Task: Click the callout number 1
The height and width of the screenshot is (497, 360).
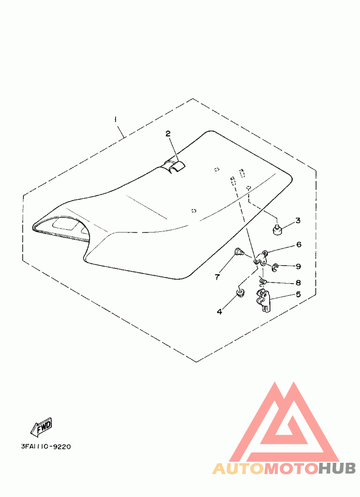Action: pyautogui.click(x=116, y=120)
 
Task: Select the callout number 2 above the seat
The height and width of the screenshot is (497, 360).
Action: pyautogui.click(x=168, y=134)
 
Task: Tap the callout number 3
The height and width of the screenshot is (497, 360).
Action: pyautogui.click(x=298, y=221)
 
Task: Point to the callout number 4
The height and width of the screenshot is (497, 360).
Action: pyautogui.click(x=220, y=312)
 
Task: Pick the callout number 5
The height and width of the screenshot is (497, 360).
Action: pyautogui.click(x=298, y=295)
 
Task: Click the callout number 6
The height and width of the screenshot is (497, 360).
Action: pyautogui.click(x=298, y=245)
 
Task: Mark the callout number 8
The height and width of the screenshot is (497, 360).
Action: pyautogui.click(x=298, y=283)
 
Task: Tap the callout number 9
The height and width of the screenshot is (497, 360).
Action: pyautogui.click(x=298, y=266)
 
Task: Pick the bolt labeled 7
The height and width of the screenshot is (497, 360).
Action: pyautogui.click(x=239, y=252)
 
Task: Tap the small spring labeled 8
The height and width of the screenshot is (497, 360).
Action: pyautogui.click(x=264, y=282)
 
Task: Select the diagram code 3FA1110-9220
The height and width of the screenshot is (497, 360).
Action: pyautogui.click(x=45, y=447)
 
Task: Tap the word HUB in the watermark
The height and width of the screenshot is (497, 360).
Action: pyautogui.click(x=337, y=469)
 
